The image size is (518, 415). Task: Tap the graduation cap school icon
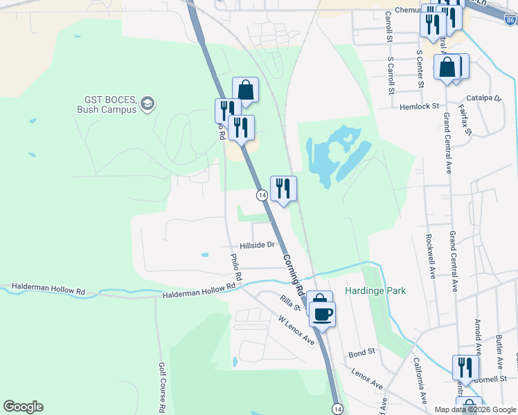click(147, 104)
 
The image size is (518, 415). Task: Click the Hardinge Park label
click(375, 291)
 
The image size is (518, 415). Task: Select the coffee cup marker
click(322, 315)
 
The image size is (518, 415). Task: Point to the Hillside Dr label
click(257, 245)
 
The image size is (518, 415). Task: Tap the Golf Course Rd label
click(161, 387)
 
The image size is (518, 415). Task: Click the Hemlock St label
click(419, 107)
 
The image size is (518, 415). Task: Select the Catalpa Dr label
click(483, 98)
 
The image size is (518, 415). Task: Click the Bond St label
click(361, 352)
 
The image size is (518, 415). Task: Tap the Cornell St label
click(492, 378)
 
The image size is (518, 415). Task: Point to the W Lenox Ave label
click(296, 332)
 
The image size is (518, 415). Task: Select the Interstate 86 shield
click(510, 21)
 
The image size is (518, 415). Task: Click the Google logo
click(23, 407)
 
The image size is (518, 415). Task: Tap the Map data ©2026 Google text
click(475, 409)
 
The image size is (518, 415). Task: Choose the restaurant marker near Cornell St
click(465, 367)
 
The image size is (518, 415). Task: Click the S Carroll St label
click(391, 75)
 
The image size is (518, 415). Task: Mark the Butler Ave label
click(499, 351)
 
